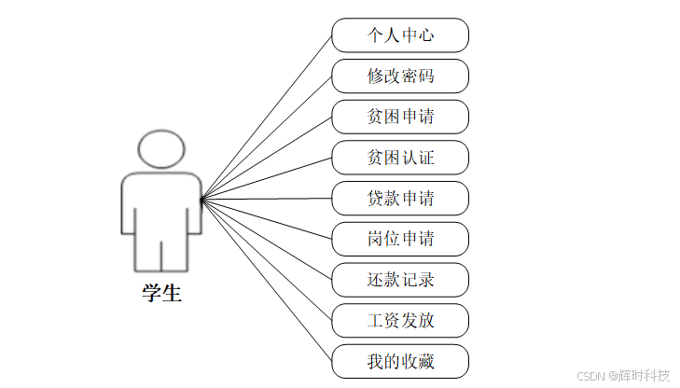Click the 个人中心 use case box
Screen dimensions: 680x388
point(400,35)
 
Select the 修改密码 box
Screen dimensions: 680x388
point(400,76)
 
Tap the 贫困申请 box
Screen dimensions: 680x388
point(400,117)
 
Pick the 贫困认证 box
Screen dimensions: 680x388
point(400,158)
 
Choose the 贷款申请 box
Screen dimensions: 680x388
point(400,199)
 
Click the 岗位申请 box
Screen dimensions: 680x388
point(400,239)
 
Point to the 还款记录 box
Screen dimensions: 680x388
point(400,280)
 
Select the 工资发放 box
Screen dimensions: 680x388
point(400,320)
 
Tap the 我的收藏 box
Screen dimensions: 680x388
point(400,361)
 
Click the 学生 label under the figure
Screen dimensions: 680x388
point(161,294)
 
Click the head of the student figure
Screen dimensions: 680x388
point(161,148)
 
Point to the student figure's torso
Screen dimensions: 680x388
point(161,201)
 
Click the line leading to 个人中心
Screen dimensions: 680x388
point(267,117)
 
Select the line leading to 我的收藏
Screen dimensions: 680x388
point(267,280)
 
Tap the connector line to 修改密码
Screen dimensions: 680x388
point(267,137)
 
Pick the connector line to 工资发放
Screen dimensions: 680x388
point(267,259)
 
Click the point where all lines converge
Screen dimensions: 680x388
point(201,199)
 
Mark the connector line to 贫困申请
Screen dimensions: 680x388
point(267,158)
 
